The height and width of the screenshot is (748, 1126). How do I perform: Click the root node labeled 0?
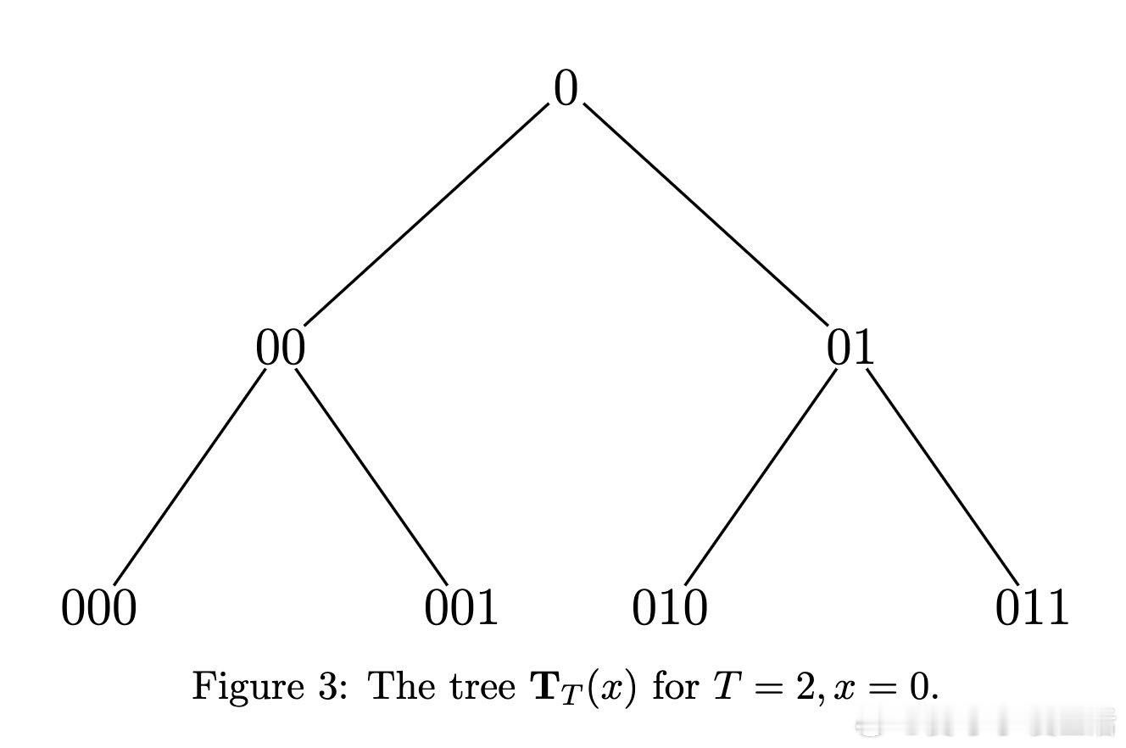[x=566, y=89]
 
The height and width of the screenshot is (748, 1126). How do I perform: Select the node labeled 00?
[x=280, y=349]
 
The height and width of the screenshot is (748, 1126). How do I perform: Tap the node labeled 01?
[x=850, y=349]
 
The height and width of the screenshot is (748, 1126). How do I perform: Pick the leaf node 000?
[x=98, y=608]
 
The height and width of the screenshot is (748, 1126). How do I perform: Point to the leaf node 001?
[x=461, y=608]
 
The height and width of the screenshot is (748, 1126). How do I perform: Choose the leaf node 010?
[x=669, y=608]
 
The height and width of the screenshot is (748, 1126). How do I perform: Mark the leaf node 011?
[x=1032, y=608]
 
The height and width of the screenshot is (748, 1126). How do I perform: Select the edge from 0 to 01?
[x=705, y=215]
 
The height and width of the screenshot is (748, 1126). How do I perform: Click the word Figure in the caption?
[x=236, y=686]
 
